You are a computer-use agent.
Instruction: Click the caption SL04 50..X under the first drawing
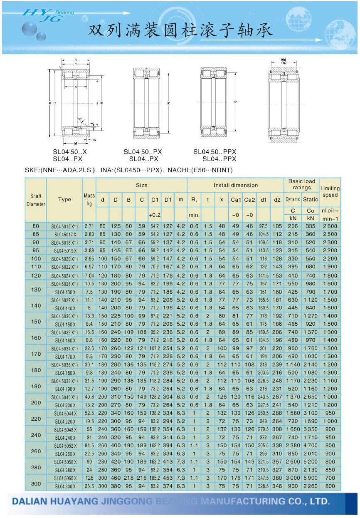tap(70, 152)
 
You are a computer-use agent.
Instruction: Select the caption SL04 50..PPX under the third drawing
tap(215, 152)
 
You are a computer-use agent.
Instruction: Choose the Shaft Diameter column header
tap(36, 200)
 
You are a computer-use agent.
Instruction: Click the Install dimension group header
tap(235, 185)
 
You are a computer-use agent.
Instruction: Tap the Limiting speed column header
tap(330, 191)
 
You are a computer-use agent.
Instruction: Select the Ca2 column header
tap(249, 200)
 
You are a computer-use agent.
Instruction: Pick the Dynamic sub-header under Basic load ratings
tap(293, 200)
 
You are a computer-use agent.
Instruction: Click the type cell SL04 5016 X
tap(64, 226)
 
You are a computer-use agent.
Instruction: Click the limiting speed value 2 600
tap(330, 226)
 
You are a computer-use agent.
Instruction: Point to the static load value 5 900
tap(311, 478)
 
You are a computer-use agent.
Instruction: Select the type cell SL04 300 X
tap(64, 486)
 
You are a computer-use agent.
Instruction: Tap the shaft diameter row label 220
tap(36, 417)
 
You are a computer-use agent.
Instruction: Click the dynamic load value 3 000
tap(293, 478)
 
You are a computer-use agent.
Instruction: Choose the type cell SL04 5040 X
tap(64, 397)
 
